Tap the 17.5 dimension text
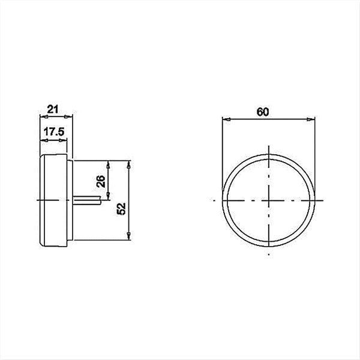[53, 132]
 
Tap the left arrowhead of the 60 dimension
[224, 119]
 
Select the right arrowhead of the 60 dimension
[313, 119]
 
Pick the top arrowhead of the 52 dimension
[129, 163]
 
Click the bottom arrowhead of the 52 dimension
[129, 238]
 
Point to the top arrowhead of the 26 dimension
[108, 163]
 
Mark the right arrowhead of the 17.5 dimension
[66, 139]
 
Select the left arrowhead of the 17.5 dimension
[41, 139]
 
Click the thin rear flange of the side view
[69, 200]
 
